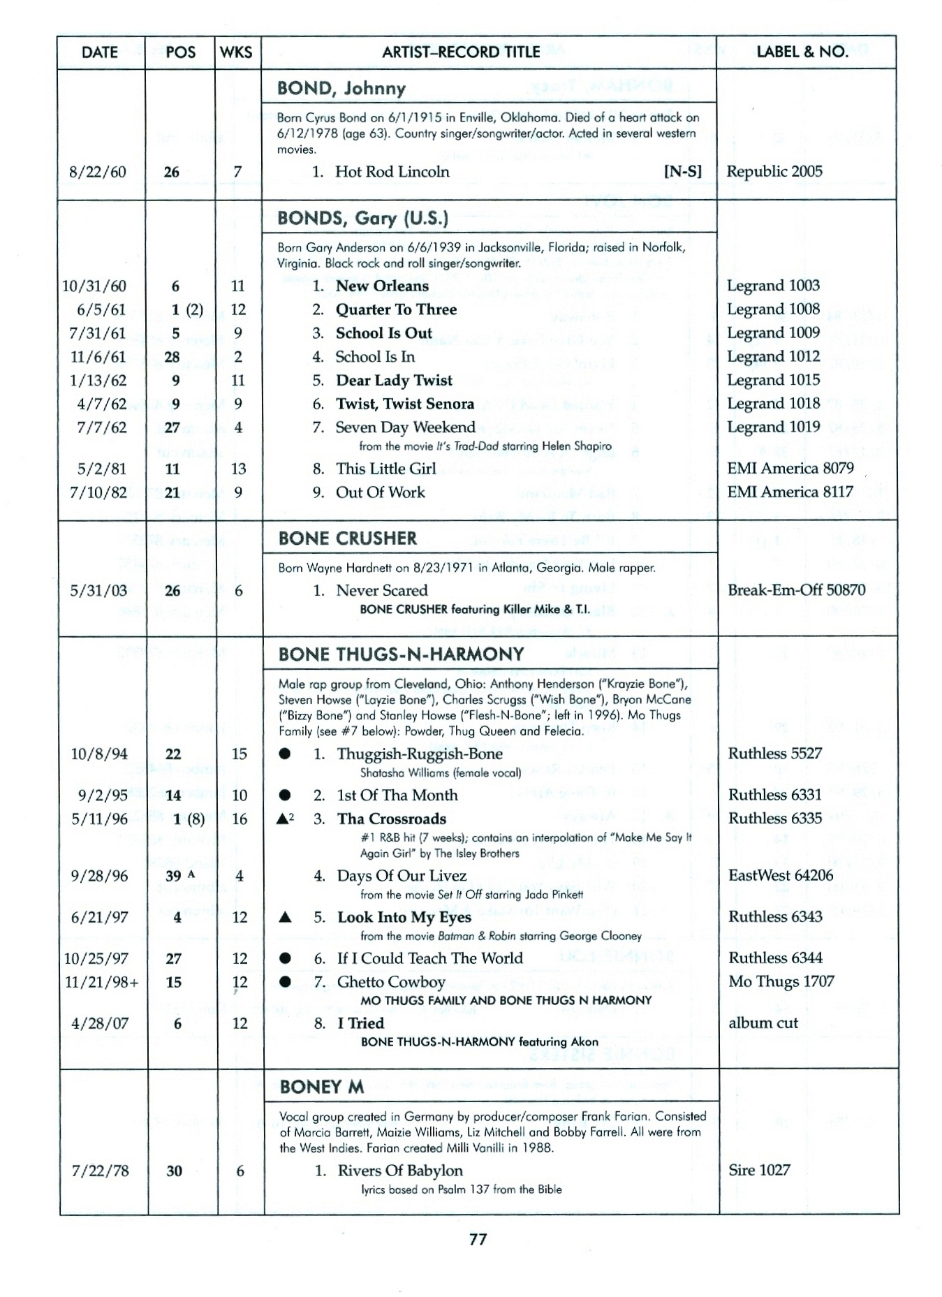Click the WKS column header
pos(236,52)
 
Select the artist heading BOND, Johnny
pos(341,88)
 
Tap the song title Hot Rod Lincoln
pos(392,172)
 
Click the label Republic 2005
pos(774,171)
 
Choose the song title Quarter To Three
pos(396,309)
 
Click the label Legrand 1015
pos(773,380)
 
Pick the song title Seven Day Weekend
pos(405,427)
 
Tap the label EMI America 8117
pos(790,492)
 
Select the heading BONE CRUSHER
pos(347,538)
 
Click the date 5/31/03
pos(98,590)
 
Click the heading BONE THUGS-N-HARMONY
pos(401,654)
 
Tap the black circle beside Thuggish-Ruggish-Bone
pos(284,754)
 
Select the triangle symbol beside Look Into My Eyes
pos(284,917)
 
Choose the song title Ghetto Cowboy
pos(390,981)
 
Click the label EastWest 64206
pos(780,875)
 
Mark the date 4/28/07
pos(99,1023)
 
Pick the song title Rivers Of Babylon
pos(399,1171)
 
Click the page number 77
pos(478,1240)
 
